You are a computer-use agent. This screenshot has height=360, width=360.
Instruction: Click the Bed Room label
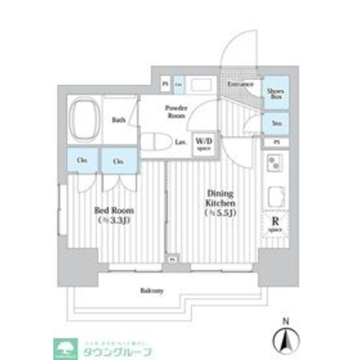[114, 210]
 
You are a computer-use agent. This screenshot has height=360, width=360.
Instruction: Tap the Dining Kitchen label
[220, 199]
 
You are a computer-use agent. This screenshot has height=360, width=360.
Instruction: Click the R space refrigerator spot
[275, 223]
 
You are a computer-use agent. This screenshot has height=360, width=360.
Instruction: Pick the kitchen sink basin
[276, 196]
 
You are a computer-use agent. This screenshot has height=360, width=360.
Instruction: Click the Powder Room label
[176, 112]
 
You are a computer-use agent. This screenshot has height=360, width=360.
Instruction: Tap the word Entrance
[240, 84]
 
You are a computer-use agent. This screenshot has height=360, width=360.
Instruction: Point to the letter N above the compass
[285, 320]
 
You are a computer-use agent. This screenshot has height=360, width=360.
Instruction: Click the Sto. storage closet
[275, 124]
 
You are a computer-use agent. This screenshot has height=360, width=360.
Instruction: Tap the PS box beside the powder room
[165, 84]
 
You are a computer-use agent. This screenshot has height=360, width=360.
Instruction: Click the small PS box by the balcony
[173, 259]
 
